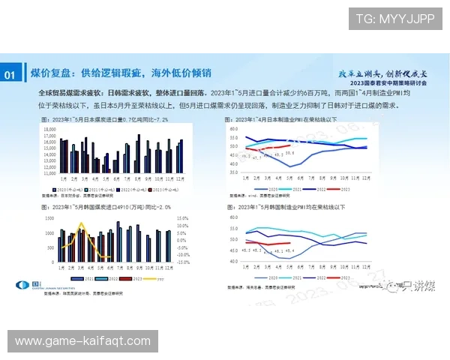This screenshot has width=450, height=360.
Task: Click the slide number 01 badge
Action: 11,74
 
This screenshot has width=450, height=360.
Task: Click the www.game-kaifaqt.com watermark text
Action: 84,341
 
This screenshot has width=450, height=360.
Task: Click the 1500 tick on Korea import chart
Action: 49,218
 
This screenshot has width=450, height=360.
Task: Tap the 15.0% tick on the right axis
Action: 183,218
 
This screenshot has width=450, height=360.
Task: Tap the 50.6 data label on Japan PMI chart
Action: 290,153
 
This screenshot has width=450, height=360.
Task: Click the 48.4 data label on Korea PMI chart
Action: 289,250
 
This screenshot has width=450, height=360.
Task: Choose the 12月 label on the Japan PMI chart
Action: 365,178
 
